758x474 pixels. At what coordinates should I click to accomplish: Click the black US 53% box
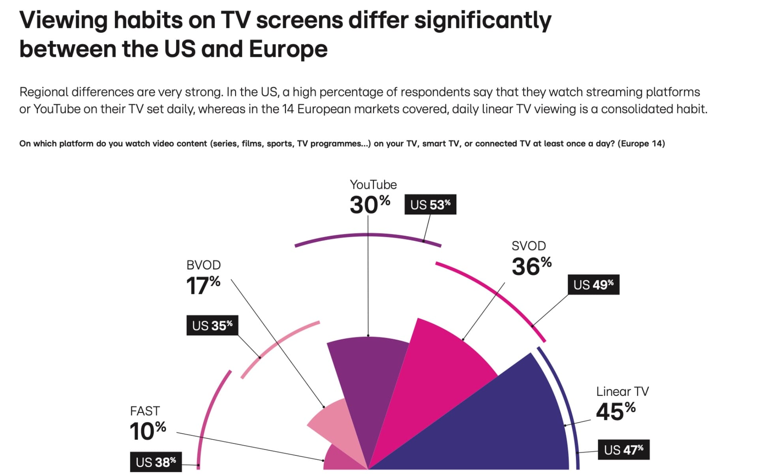pyautogui.click(x=430, y=205)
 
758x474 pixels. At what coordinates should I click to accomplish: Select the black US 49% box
pyautogui.click(x=593, y=285)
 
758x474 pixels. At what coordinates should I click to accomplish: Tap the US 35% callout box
pyautogui.click(x=212, y=325)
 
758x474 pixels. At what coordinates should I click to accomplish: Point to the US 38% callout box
pyautogui.click(x=156, y=462)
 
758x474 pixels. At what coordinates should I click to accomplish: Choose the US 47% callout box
pyautogui.click(x=623, y=450)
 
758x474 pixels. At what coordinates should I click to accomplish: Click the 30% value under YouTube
pyautogui.click(x=370, y=205)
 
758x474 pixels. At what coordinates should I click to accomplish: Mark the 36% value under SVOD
pyautogui.click(x=531, y=266)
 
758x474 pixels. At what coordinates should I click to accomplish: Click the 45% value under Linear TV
pyautogui.click(x=615, y=411)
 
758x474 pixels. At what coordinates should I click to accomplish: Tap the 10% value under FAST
pyautogui.click(x=148, y=431)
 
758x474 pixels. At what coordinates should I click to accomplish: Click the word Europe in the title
pyautogui.click(x=288, y=49)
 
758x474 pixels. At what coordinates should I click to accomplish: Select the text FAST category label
pyautogui.click(x=145, y=411)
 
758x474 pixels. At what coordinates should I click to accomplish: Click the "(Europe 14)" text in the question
pyautogui.click(x=641, y=143)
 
